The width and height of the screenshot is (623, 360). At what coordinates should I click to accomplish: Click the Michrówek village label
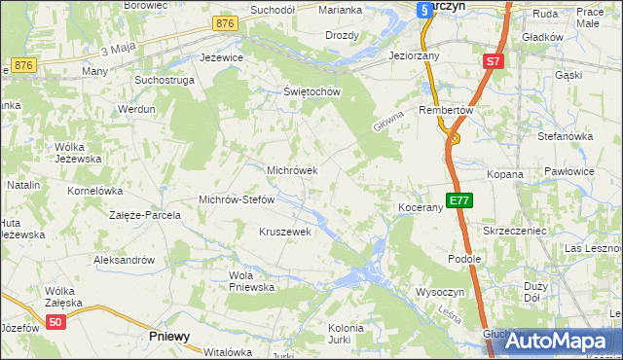click(x=292, y=170)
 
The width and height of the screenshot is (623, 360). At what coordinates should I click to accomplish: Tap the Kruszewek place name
click(x=284, y=232)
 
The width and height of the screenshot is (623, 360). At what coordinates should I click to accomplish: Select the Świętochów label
click(x=311, y=92)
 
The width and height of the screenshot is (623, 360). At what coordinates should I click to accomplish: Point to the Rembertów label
click(x=445, y=110)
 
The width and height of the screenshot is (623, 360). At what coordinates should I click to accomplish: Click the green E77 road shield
click(x=459, y=201)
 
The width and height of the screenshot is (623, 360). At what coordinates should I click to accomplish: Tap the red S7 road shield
click(x=494, y=61)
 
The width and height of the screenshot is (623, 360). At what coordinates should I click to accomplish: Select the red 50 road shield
click(x=56, y=323)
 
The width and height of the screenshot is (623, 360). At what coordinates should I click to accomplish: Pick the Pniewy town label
click(x=169, y=336)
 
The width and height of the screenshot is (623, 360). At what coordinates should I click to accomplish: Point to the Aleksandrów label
click(x=124, y=260)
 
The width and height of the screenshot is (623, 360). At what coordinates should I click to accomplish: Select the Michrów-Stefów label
click(x=237, y=199)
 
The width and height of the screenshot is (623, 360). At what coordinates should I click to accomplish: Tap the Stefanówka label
click(x=566, y=136)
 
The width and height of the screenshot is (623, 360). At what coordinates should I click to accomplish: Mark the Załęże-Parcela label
click(x=145, y=215)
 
